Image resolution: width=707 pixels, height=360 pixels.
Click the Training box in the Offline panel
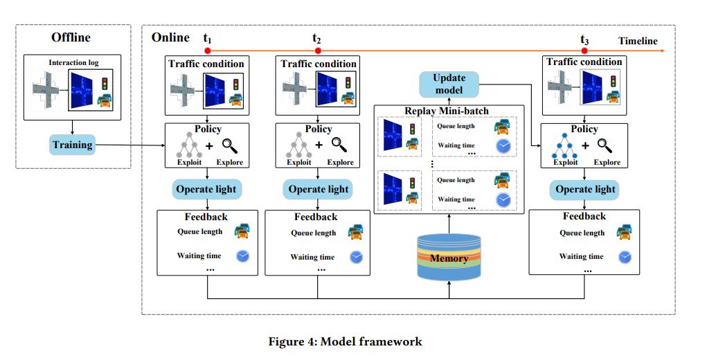click(73, 145)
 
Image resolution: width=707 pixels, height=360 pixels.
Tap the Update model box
click(449, 84)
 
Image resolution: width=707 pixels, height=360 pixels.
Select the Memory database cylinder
click(449, 258)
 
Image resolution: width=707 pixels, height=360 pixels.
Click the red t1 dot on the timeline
click(207, 51)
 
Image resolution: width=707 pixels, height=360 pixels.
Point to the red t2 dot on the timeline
click(318, 51)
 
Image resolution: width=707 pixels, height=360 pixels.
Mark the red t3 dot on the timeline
click(585, 51)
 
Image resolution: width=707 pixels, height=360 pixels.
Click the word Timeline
click(638, 41)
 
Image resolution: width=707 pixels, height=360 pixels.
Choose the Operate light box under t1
click(206, 189)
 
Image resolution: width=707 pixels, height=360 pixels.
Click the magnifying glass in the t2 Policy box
click(339, 144)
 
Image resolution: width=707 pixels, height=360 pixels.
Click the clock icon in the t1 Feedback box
click(242, 255)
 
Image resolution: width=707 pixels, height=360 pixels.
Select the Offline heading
click(71, 37)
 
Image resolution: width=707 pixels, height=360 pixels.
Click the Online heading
click(170, 37)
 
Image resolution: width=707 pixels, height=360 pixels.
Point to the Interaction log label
click(73, 63)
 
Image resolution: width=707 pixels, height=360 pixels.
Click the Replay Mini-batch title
click(449, 110)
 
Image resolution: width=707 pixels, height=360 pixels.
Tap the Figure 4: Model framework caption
click(344, 341)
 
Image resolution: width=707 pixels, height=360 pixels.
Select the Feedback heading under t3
click(584, 217)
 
